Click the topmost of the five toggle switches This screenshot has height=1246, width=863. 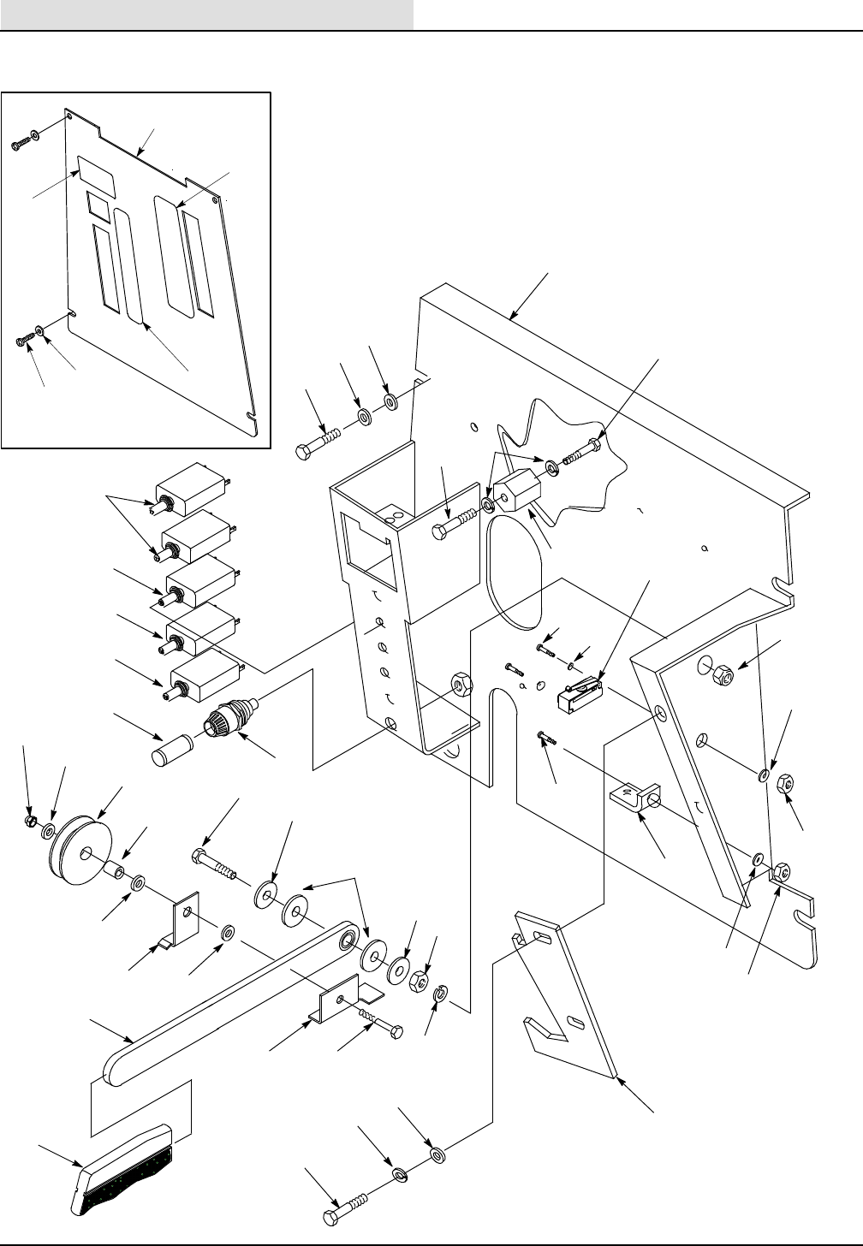pos(188,492)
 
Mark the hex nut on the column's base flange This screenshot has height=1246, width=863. pos(460,684)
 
